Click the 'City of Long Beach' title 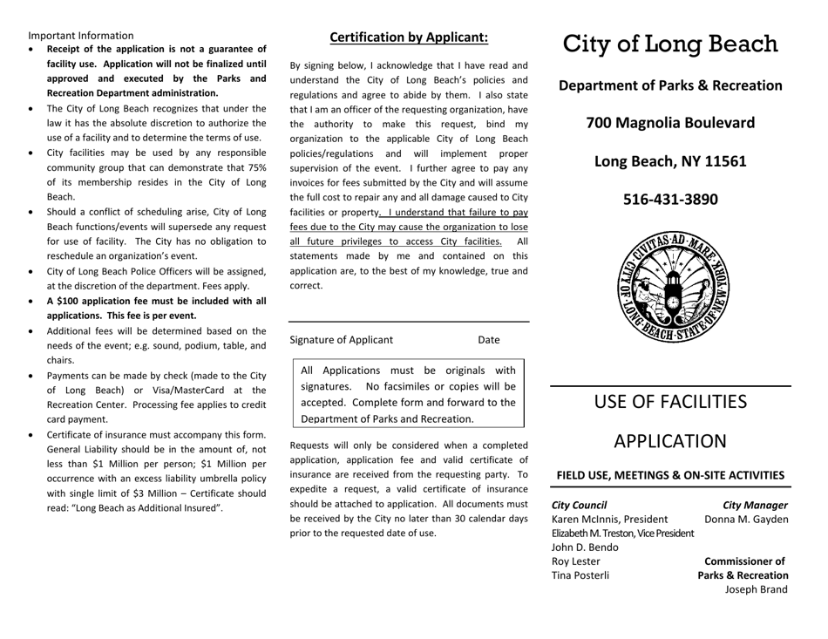tap(669, 44)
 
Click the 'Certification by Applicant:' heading tap(408, 37)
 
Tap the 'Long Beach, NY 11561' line tap(669, 161)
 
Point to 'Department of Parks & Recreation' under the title tap(669, 86)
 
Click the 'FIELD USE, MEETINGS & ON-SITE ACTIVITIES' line tap(669, 475)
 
